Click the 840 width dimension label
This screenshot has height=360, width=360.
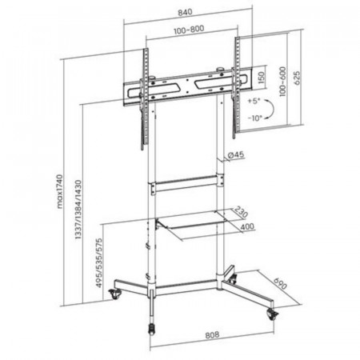[185, 12]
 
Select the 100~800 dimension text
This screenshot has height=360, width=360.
[189, 30]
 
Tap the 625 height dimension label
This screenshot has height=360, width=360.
[297, 78]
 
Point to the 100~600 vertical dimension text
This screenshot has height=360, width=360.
[282, 82]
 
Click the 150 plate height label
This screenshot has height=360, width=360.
[262, 78]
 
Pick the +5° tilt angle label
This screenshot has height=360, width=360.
[254, 101]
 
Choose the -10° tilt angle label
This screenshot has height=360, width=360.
[254, 118]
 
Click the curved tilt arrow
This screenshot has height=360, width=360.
[272, 109]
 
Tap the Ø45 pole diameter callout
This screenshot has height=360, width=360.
[236, 154]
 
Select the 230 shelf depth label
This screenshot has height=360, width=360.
[241, 212]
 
